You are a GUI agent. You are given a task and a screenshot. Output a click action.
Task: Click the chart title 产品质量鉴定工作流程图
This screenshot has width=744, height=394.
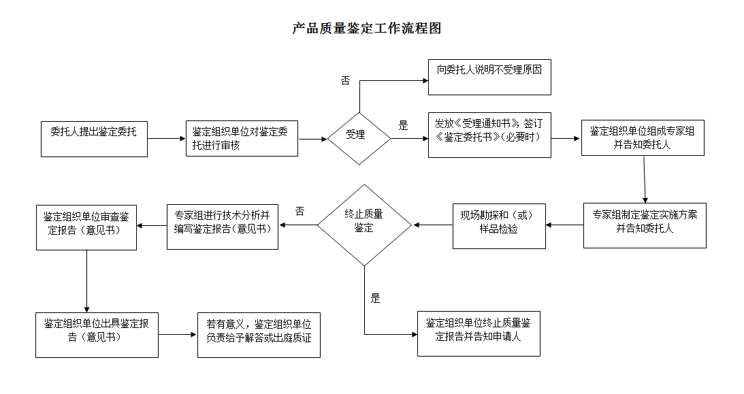[x=367, y=29]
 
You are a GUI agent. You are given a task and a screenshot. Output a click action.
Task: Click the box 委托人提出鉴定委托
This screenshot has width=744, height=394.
[x=94, y=138]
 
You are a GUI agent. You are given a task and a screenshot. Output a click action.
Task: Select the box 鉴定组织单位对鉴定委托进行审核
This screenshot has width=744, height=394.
[x=242, y=138]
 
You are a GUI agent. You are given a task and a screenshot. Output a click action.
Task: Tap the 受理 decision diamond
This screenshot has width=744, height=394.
[x=359, y=138]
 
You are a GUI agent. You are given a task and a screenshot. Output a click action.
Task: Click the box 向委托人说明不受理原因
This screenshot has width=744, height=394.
[x=489, y=77]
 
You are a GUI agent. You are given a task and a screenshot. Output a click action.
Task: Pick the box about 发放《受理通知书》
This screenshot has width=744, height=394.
[x=489, y=135]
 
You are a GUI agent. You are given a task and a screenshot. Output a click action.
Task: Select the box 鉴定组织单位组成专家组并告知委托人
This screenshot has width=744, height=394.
[x=642, y=137]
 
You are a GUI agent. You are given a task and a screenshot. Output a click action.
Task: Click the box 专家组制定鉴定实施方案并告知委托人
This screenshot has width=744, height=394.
[x=644, y=225]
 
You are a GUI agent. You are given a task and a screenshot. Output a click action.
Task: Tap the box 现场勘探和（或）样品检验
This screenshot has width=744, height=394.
[x=499, y=225]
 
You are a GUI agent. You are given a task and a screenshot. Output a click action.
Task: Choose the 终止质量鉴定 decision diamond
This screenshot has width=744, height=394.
[x=364, y=225]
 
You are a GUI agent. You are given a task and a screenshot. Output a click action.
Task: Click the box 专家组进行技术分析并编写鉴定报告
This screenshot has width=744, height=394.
[x=222, y=226]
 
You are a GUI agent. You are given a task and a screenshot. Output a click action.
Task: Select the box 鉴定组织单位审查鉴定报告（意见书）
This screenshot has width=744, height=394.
[x=86, y=227]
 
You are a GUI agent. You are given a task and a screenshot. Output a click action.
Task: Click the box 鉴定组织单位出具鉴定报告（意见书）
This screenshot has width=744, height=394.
[x=97, y=334]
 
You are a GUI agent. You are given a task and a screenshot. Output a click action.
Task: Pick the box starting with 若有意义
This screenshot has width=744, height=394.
[x=259, y=334]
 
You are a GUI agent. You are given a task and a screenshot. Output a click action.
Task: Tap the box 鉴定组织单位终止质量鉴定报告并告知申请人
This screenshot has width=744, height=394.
[x=479, y=333]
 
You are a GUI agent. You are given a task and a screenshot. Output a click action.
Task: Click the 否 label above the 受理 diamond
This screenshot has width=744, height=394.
[x=345, y=80]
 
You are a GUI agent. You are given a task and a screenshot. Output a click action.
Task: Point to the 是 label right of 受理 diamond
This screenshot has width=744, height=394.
[x=403, y=126]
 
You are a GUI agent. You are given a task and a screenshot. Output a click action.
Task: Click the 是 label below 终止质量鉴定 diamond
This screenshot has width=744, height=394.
[x=375, y=298]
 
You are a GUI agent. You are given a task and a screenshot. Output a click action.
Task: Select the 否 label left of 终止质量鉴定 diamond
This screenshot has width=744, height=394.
[x=300, y=212]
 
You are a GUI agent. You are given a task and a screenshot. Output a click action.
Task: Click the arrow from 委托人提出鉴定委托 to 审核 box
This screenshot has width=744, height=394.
[x=166, y=139]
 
